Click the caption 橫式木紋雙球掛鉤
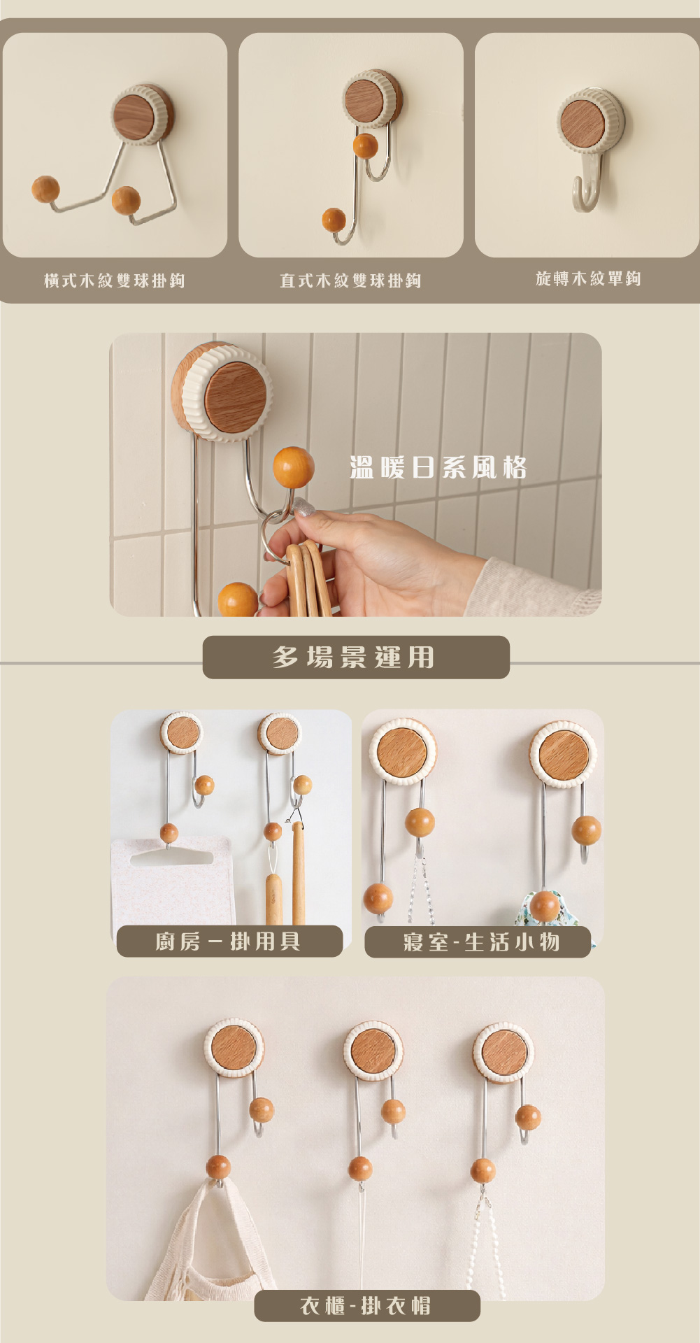(115, 280)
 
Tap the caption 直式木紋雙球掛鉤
(350, 280)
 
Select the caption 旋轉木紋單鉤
(588, 278)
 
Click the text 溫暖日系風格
(438, 467)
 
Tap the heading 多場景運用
(354, 658)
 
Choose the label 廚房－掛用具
(228, 941)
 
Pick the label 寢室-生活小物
(481, 941)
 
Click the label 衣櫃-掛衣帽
(366, 1305)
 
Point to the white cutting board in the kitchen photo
(173, 881)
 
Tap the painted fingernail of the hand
(302, 506)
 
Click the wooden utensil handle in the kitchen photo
(299, 874)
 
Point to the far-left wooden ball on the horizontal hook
(45, 190)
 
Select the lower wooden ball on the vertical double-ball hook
(334, 220)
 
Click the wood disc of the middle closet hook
(373, 1051)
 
